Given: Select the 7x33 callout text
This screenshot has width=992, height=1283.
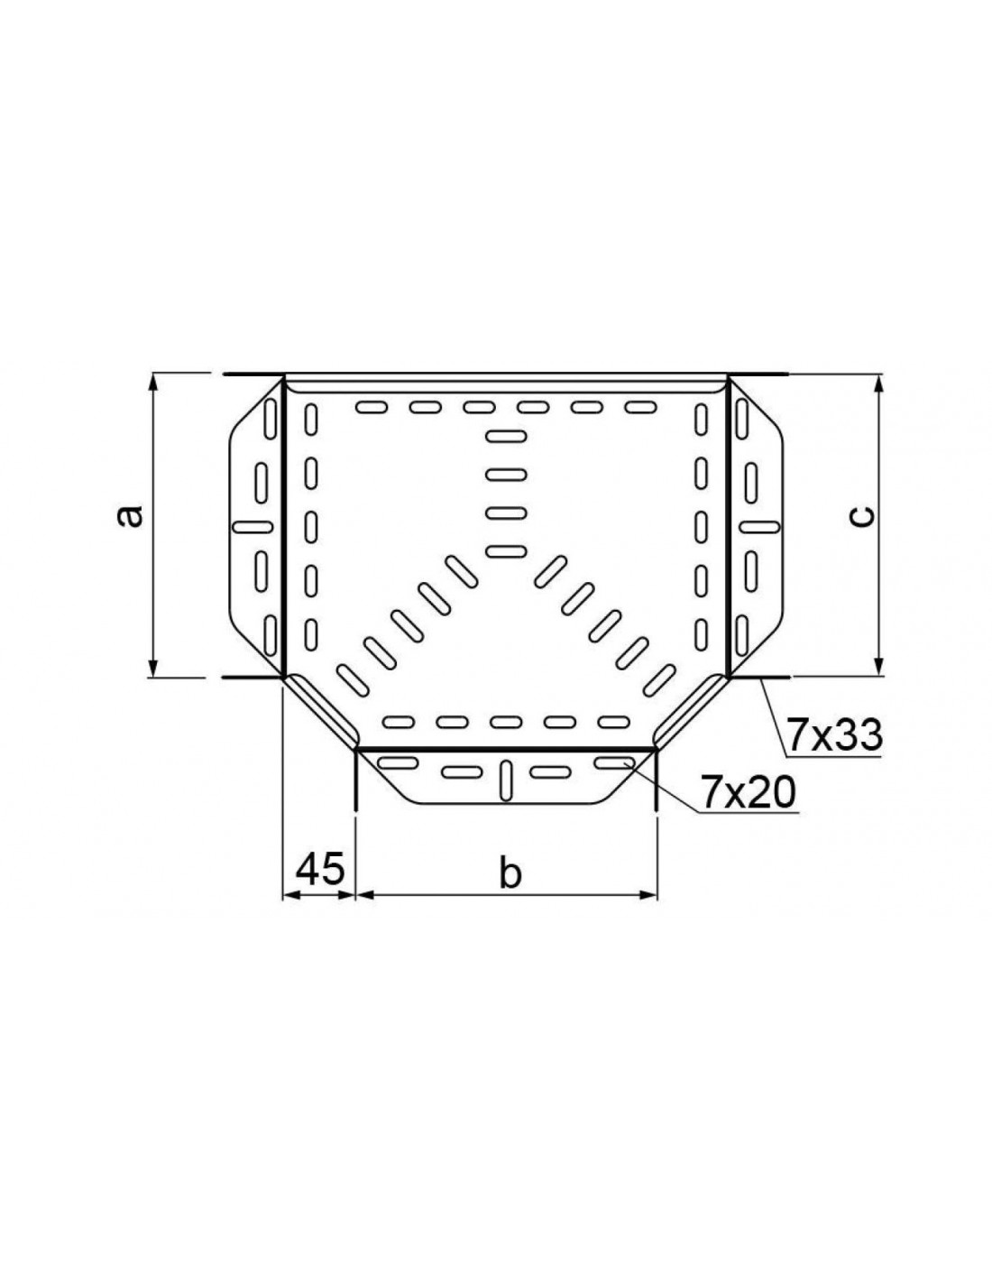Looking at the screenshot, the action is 835,735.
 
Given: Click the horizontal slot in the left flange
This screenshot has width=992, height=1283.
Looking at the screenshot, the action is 253,525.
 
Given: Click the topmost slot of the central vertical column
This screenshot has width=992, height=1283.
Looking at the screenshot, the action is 506,437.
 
